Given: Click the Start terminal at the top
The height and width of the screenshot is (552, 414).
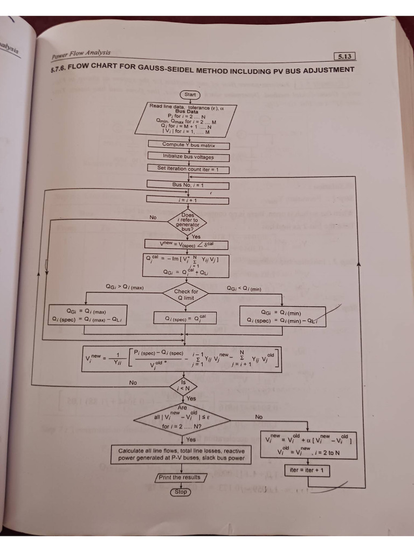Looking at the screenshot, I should click(190, 95).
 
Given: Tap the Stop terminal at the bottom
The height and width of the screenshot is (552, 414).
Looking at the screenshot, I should click(181, 492).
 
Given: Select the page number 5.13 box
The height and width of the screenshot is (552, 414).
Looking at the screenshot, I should click(345, 56).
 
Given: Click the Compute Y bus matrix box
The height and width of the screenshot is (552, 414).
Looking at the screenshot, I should click(189, 145).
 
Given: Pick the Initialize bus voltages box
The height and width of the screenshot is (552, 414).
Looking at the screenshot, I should click(189, 157).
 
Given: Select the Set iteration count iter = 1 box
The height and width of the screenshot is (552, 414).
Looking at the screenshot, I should click(189, 168).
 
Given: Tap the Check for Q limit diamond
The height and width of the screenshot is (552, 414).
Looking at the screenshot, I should click(186, 294).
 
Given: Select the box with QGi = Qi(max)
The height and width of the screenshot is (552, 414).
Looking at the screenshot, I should click(86, 315).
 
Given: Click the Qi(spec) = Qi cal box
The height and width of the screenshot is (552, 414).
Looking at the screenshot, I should click(185, 319).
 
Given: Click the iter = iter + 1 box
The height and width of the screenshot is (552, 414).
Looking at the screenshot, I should click(307, 471).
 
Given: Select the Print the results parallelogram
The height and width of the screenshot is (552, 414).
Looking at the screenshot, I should click(180, 478).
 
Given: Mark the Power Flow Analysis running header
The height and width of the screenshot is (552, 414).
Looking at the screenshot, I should click(81, 54).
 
